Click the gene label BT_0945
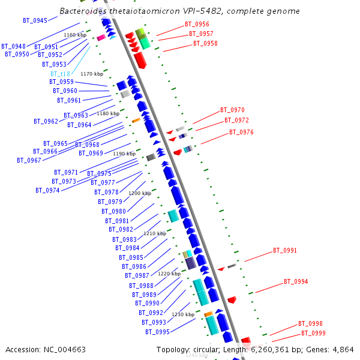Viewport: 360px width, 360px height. point(35,20)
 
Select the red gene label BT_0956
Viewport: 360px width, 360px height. point(197,24)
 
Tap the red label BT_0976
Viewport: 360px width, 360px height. point(241,132)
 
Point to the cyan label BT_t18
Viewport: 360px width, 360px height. point(60,74)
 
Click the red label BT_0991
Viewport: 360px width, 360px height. point(285,250)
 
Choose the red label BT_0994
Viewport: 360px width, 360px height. point(296,281)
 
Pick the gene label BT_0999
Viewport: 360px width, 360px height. point(313,333)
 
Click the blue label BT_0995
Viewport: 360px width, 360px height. point(157,332)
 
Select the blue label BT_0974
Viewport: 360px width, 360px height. point(47,190)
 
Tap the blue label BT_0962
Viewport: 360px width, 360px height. point(46,121)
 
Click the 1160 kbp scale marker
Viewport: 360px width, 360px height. point(75,35)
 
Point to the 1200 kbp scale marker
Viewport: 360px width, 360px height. point(140,193)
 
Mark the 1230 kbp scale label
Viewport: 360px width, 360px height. point(183,314)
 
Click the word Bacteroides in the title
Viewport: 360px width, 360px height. point(83,11)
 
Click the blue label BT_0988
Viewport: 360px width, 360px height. point(141,286)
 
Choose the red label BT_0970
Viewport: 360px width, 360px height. point(232,110)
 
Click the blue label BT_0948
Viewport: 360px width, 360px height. point(13,46)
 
